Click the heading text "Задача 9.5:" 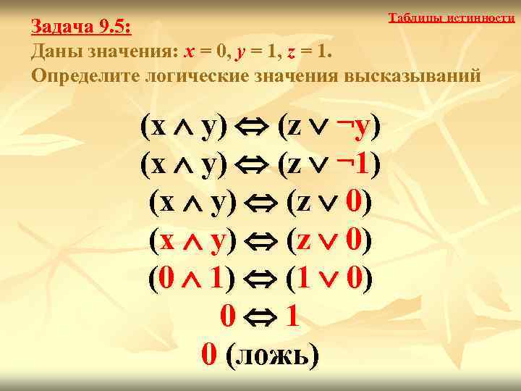[80, 28]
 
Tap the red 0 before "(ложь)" [208, 354]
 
